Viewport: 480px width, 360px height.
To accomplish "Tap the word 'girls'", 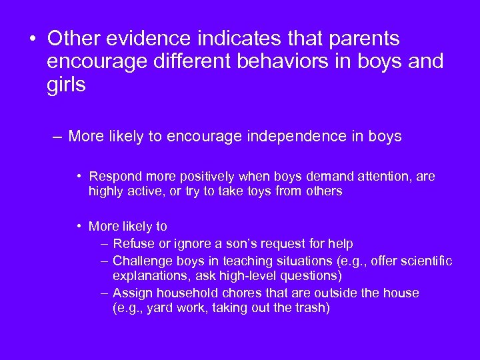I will pos(67,85).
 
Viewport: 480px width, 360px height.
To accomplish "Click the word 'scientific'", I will pos(426,261).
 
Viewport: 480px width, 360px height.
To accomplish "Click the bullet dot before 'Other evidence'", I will pos(32,39).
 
